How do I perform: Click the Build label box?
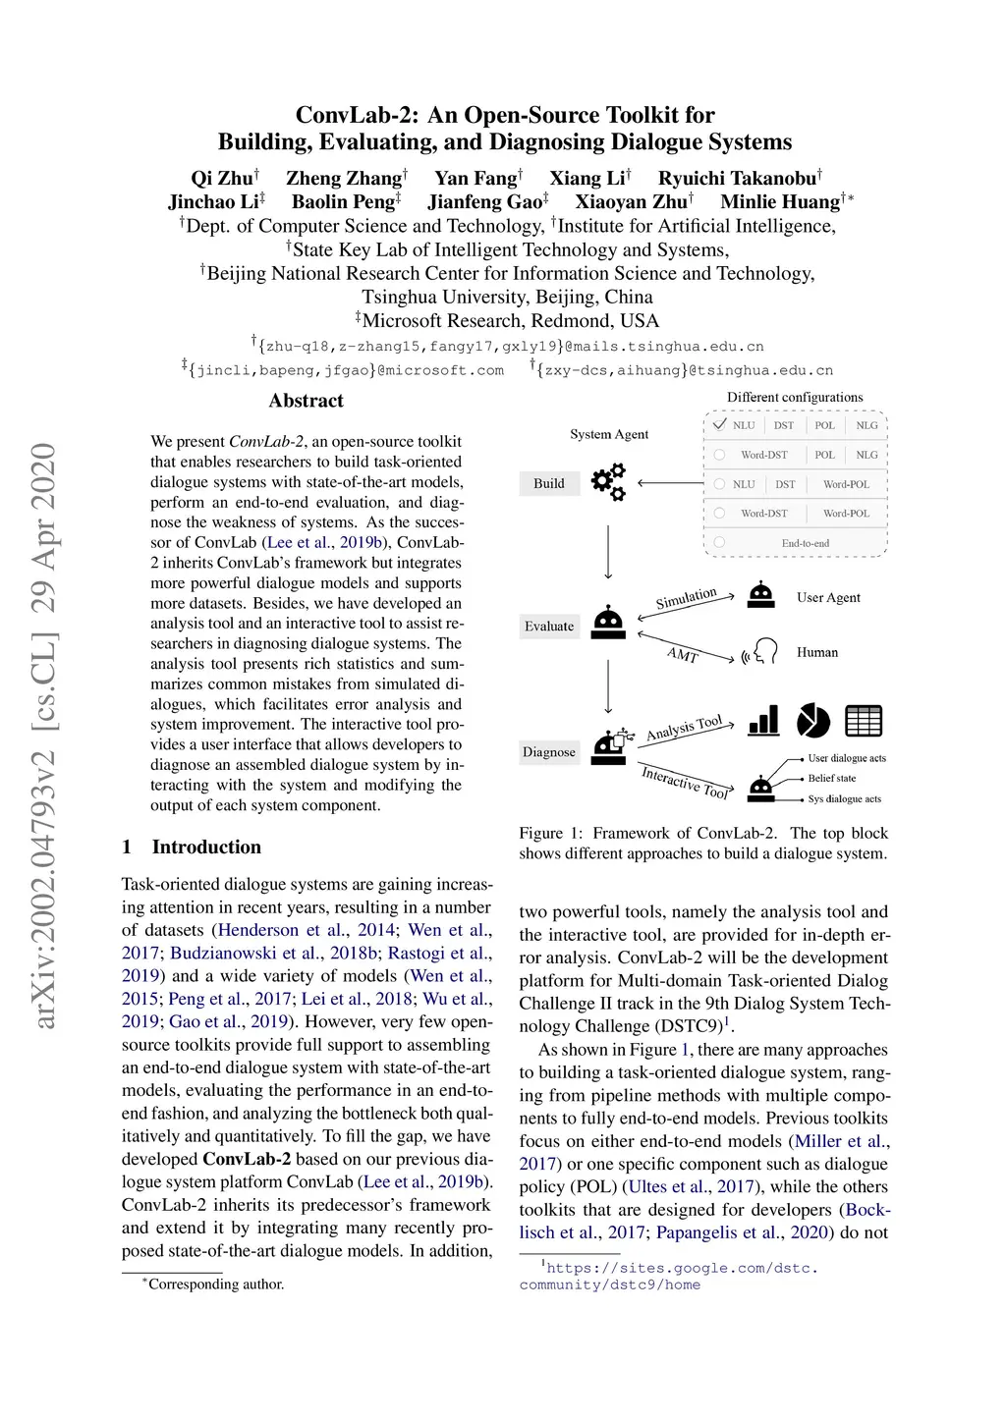pos(549,483)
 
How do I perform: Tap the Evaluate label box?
pos(549,627)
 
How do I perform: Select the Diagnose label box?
pos(549,752)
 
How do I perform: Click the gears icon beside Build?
pos(608,482)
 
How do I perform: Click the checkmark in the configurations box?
pos(720,424)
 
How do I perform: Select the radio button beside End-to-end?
pos(719,542)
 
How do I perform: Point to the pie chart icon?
pos(812,721)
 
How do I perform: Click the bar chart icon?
pos(763,721)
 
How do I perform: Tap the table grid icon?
pos(864,721)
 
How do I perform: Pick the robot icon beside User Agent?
pos(761,596)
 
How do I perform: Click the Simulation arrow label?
pos(686,598)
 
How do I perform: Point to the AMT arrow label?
pos(683,654)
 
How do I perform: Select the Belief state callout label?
pos(832,778)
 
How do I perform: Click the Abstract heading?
pos(307,401)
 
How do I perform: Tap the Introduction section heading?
pos(206,847)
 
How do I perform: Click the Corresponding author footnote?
pos(215,1285)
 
